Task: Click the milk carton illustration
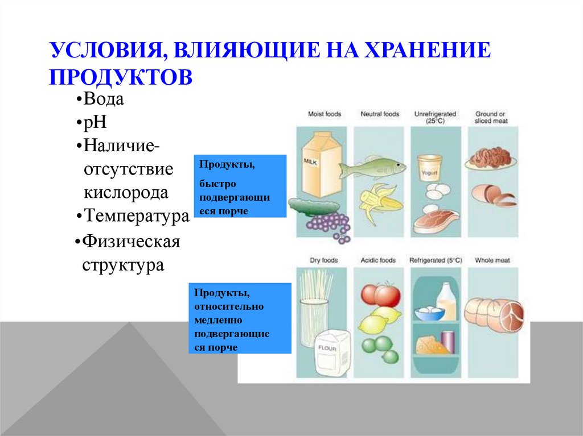point(320,165)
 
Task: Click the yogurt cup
point(430,168)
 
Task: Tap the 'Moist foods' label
point(324,114)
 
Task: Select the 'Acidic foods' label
point(378,260)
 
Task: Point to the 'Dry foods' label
point(323,260)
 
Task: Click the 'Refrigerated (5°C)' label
point(436,260)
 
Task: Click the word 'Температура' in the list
point(137,216)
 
